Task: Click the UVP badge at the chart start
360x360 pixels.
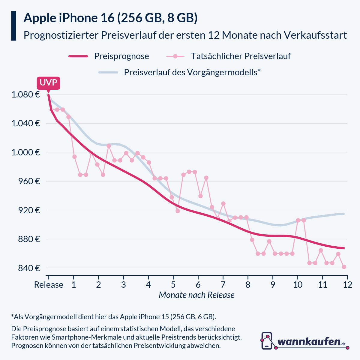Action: (x=48, y=83)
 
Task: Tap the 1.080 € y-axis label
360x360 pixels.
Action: (x=25, y=95)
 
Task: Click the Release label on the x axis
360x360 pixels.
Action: (x=49, y=285)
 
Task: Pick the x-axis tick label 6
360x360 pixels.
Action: (x=198, y=285)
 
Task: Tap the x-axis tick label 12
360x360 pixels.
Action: (x=347, y=285)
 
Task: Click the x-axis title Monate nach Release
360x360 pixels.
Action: (x=196, y=295)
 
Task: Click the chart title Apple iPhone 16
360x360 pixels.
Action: (x=110, y=18)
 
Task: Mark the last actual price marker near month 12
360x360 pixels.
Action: (x=344, y=267)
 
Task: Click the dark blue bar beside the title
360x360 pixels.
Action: (x=13, y=26)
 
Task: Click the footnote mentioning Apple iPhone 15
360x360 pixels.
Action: (x=113, y=317)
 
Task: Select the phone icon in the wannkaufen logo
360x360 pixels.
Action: (x=267, y=340)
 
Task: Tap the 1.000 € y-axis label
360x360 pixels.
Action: (x=25, y=152)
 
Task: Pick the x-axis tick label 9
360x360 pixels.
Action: (x=273, y=285)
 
